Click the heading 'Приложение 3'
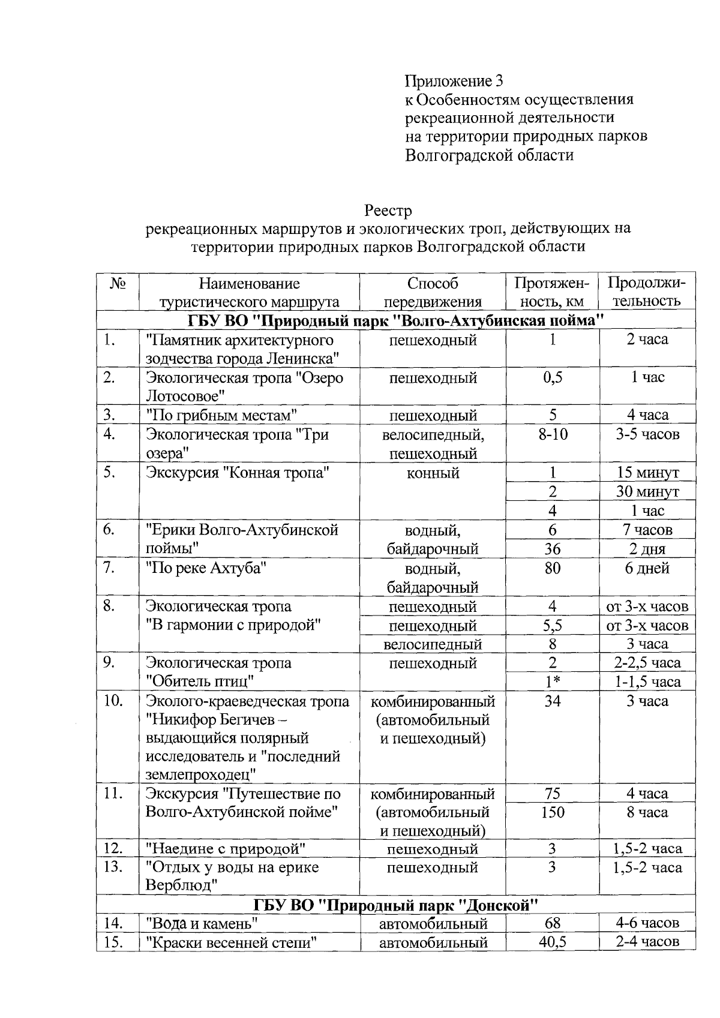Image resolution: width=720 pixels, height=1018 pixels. coord(453,80)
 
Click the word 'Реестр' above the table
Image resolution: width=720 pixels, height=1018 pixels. coord(388,211)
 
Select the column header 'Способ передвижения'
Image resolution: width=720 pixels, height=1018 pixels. coord(433,292)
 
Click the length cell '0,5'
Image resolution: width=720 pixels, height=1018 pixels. coord(552,378)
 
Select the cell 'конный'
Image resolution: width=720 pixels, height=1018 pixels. coord(433,473)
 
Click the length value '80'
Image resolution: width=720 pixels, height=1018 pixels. coord(552,568)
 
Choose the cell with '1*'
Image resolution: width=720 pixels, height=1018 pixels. coord(552,682)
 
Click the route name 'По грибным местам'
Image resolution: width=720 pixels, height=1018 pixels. coord(222,415)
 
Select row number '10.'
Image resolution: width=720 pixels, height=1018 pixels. coord(113,701)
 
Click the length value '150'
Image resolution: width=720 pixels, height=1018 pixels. coord(552,813)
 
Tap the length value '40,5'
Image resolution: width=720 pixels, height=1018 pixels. coord(552,942)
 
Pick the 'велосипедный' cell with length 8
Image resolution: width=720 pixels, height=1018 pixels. coord(433,645)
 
